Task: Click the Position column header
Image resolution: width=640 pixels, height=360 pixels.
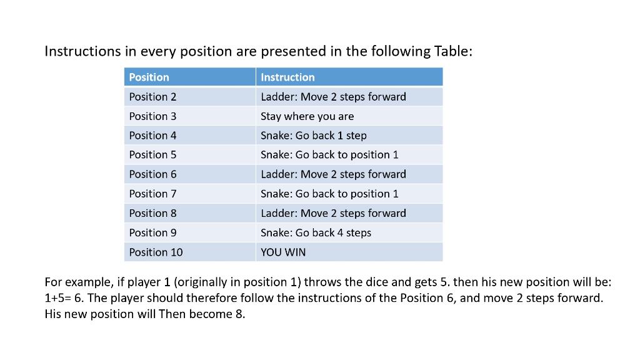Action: [x=149, y=77]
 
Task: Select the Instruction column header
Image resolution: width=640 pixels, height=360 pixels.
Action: [x=287, y=77]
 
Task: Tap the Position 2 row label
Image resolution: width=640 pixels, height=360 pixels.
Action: [x=152, y=97]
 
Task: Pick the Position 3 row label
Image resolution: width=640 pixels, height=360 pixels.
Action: [x=152, y=116]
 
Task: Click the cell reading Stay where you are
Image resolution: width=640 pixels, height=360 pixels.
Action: [x=307, y=116]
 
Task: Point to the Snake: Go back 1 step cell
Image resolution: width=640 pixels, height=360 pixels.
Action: [x=313, y=136]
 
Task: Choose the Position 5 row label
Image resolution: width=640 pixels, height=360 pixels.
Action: [x=152, y=154]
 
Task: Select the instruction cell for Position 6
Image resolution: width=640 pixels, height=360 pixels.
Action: [x=333, y=174]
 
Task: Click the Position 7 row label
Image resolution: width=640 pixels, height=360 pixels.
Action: [x=152, y=194]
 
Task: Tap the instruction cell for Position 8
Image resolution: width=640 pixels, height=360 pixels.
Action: [x=333, y=213]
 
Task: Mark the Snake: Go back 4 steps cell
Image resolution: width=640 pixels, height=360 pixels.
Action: [x=316, y=232]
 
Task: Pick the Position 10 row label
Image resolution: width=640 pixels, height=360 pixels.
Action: [x=156, y=252]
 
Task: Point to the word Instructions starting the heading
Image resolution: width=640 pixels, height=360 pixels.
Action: [x=82, y=51]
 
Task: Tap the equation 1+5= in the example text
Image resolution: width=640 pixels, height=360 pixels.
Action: [x=59, y=297]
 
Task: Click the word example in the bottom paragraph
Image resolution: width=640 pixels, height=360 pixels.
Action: [x=87, y=281]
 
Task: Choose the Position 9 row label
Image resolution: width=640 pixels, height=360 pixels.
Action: [x=152, y=232]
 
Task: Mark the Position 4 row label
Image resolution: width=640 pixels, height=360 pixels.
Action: [x=152, y=136]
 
